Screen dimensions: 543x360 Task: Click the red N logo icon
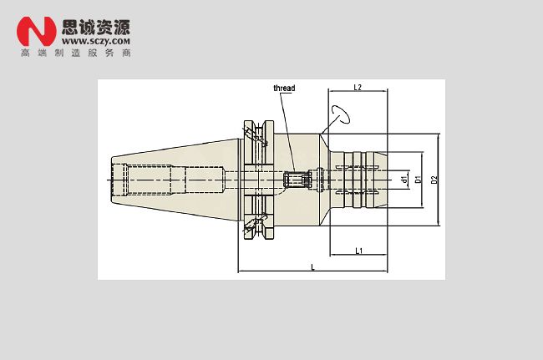pos(37,31)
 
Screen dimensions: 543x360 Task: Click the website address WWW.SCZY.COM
pos(96,41)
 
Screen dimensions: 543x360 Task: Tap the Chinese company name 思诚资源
pos(96,27)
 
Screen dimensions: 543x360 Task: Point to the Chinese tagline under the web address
pos(76,53)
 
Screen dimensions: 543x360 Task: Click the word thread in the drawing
pos(284,89)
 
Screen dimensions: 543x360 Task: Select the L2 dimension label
pos(358,87)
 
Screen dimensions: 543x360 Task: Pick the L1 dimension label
pos(359,251)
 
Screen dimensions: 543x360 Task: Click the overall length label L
pos(312,267)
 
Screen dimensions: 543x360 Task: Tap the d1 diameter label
pos(404,180)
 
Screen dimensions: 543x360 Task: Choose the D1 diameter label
pos(419,180)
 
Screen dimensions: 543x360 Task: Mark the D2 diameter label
pos(434,180)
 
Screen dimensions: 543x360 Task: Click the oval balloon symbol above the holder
pos(341,114)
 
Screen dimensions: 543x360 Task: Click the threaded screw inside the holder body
pos(297,180)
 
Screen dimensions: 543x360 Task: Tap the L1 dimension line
pos(358,255)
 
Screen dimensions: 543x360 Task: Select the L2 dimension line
pos(358,91)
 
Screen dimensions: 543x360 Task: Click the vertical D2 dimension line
pos(439,180)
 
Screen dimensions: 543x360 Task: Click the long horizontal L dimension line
pos(312,271)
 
